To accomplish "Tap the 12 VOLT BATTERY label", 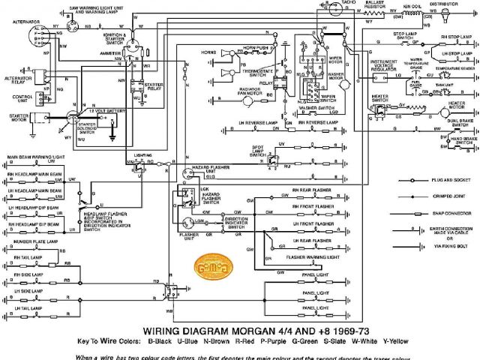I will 107,109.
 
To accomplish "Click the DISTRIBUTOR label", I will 444,4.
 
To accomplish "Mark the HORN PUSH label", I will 254,48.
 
